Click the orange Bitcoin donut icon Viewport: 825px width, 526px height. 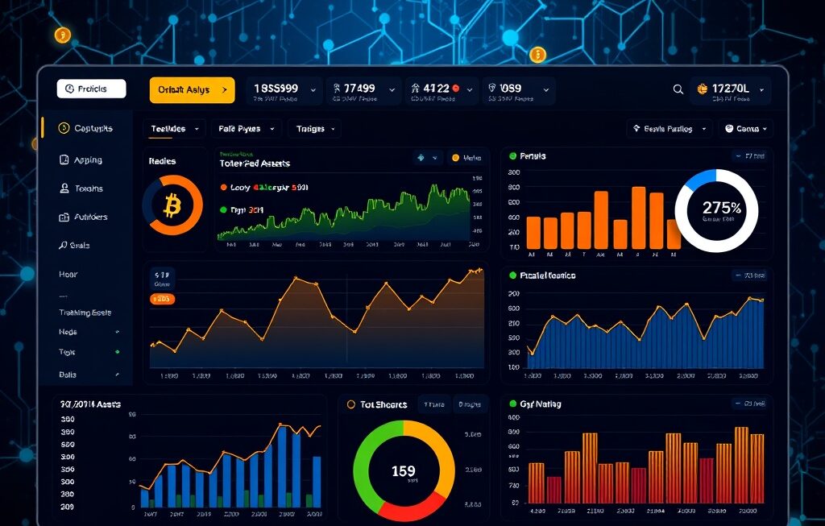point(172,206)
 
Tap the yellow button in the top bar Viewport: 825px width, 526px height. point(192,90)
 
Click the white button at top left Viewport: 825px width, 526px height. point(91,89)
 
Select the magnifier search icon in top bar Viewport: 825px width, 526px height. point(678,89)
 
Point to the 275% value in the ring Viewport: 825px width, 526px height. point(720,208)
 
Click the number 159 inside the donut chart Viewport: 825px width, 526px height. point(403,471)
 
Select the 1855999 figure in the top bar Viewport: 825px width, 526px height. point(276,88)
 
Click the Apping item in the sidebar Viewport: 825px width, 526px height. point(88,160)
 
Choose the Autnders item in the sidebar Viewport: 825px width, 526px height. point(89,217)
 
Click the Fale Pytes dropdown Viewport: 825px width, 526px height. point(247,129)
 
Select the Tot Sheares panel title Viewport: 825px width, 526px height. point(383,404)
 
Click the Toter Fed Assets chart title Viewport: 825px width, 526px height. point(255,164)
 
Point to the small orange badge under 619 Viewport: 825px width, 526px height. point(163,300)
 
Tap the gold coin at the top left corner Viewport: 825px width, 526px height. point(62,35)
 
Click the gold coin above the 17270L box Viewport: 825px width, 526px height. point(537,55)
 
